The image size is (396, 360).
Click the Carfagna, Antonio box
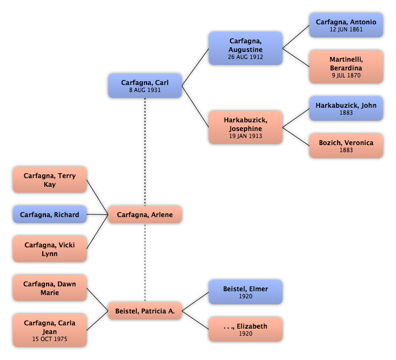[x=346, y=25]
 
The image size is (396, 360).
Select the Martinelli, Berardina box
[x=346, y=67]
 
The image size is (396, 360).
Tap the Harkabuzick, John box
[x=346, y=109]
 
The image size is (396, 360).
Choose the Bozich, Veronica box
[x=346, y=146]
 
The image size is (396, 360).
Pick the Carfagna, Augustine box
[x=246, y=49]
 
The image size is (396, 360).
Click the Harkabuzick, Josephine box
[x=246, y=128]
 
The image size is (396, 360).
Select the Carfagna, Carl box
[x=145, y=86]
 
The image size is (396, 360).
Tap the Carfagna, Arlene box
[x=145, y=215]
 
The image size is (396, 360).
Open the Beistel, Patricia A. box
[x=145, y=311]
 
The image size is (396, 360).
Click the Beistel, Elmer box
[x=246, y=292]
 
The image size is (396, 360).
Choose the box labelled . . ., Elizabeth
[x=246, y=330]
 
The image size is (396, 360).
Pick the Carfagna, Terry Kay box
[x=50, y=180]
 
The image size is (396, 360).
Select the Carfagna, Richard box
[x=50, y=215]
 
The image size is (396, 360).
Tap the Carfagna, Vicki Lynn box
[x=50, y=249]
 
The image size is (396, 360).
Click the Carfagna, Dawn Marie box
[x=50, y=288]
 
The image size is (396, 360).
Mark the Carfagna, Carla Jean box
[x=50, y=330]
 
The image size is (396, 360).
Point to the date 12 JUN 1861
[x=346, y=29]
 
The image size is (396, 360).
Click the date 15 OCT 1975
[x=50, y=339]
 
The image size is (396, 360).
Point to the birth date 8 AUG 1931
[x=145, y=90]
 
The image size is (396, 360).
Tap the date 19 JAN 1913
[x=246, y=136]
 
